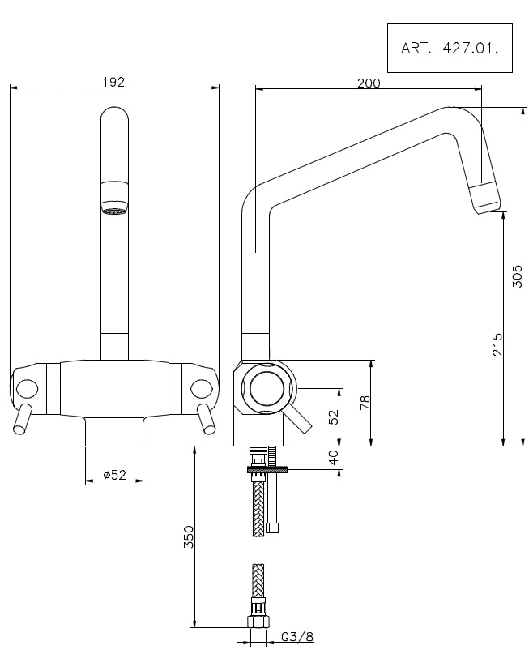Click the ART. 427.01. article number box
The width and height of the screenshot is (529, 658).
(x=450, y=48)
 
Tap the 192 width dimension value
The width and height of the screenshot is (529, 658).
(x=113, y=82)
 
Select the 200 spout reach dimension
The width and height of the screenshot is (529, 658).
(x=369, y=83)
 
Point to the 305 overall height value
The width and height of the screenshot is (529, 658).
(x=518, y=276)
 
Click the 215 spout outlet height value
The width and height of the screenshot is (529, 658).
(x=497, y=344)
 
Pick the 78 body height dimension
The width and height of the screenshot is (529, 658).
(x=365, y=403)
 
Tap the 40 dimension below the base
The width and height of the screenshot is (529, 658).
(x=333, y=457)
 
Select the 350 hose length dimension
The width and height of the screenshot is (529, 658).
(x=189, y=536)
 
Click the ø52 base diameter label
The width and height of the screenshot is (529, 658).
(x=114, y=475)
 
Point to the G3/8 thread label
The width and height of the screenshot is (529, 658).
(x=297, y=637)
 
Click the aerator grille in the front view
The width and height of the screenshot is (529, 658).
(x=114, y=211)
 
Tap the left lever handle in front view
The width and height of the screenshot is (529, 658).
(x=22, y=419)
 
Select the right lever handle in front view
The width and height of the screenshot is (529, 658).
(x=207, y=419)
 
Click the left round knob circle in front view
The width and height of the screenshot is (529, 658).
(x=27, y=390)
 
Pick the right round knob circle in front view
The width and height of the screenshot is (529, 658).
(x=202, y=389)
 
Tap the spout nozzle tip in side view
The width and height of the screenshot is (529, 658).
(x=485, y=199)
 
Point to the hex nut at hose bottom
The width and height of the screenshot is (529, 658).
(x=258, y=622)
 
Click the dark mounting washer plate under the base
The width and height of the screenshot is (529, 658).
(x=267, y=469)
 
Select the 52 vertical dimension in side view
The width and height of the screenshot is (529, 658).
(x=333, y=417)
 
